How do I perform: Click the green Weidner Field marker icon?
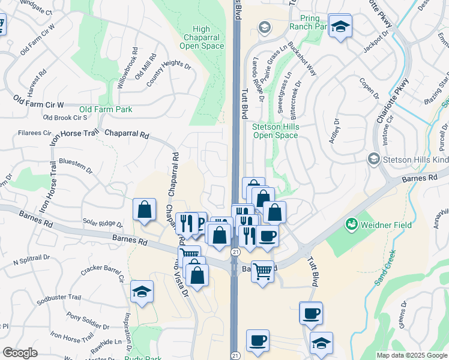351,225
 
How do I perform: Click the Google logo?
20,353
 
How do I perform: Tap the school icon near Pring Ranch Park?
340,26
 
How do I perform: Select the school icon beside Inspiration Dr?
142,292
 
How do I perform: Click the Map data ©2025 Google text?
411,355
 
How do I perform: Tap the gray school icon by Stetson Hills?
374,159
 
